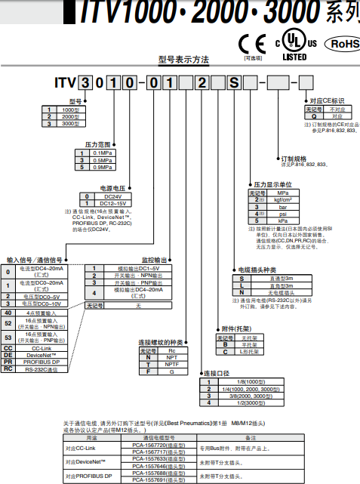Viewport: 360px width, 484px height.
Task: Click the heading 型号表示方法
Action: point(184,59)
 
